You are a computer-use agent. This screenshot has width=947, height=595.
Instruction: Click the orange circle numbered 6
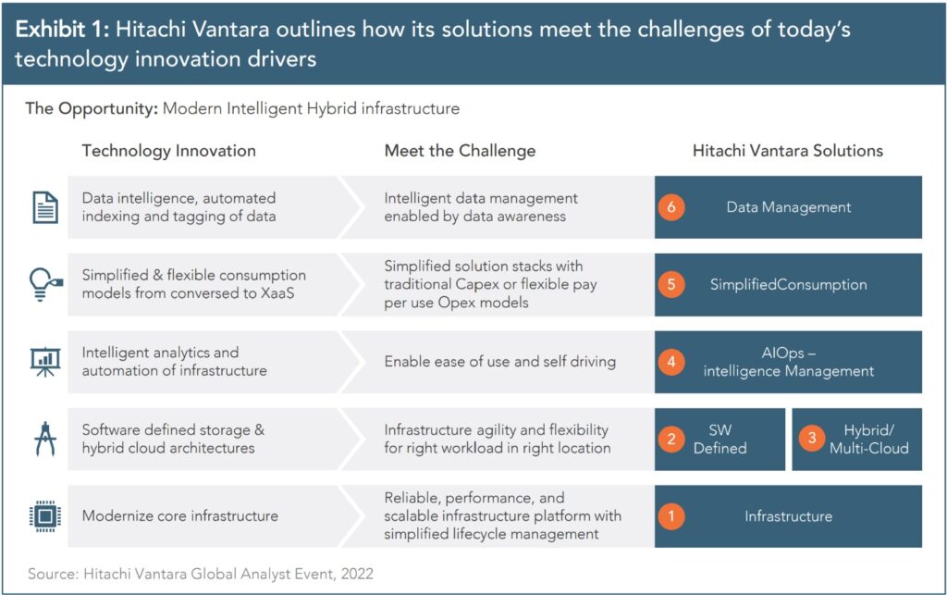[x=671, y=207]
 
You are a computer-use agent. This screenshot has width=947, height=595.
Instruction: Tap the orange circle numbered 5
[x=671, y=284]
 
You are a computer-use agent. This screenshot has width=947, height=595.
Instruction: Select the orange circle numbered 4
[x=671, y=362]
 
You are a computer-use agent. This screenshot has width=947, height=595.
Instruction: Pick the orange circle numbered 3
[x=812, y=439]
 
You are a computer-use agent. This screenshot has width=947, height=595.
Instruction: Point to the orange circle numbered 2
[x=671, y=439]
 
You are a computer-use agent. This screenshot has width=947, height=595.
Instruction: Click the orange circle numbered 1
[x=671, y=515]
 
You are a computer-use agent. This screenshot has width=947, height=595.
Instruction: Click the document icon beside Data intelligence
[x=45, y=207]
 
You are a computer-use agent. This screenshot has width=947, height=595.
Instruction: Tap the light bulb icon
[x=45, y=284]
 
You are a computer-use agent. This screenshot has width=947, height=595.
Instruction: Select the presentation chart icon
[x=45, y=362]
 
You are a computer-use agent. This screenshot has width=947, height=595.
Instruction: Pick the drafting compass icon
[x=45, y=439]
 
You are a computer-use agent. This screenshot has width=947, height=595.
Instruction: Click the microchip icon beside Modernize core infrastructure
[x=45, y=515]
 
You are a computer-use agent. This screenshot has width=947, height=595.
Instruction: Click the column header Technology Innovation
[x=169, y=151]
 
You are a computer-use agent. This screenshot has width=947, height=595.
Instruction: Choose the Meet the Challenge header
[x=461, y=151]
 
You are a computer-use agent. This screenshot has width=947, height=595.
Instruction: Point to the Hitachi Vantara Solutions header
[x=788, y=151]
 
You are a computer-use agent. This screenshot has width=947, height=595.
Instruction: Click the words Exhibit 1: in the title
[x=62, y=29]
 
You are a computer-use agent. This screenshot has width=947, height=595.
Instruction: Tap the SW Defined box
[x=719, y=440]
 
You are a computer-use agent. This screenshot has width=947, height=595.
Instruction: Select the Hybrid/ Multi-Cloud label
[x=869, y=440]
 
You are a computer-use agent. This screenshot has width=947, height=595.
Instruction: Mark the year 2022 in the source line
[x=357, y=573]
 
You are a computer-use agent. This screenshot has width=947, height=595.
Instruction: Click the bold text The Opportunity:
[x=92, y=109]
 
